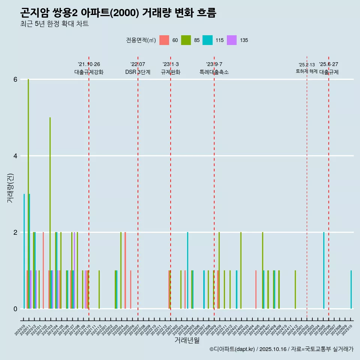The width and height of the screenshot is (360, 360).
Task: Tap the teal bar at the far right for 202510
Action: pyautogui.click(x=351, y=289)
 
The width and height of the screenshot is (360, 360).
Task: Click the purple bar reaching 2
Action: pyautogui.click(x=75, y=270)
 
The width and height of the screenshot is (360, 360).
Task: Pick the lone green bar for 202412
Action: pyautogui.click(x=295, y=289)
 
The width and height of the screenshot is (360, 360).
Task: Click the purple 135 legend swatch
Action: pyautogui.click(x=232, y=40)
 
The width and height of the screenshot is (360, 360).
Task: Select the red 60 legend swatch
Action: pyautogui.click(x=164, y=40)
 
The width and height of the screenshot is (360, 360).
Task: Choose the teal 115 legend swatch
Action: pyautogui.click(x=207, y=40)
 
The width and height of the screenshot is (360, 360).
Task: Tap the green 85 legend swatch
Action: pyautogui.click(x=186, y=40)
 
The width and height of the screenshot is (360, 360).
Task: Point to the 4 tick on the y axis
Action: pyautogui.click(x=15, y=156)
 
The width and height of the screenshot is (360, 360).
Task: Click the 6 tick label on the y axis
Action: pyautogui.click(x=15, y=79)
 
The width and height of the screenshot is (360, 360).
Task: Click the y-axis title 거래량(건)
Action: pyautogui.click(x=10, y=188)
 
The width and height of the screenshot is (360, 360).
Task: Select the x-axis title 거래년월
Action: pyautogui.click(x=187, y=340)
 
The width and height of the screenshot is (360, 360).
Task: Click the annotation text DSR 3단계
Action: pyautogui.click(x=138, y=72)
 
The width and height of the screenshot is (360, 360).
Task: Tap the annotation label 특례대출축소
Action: pyautogui.click(x=214, y=72)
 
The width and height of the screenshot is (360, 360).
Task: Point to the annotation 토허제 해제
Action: pyautogui.click(x=306, y=71)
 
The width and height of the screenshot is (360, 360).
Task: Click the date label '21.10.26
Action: pyautogui.click(x=89, y=64)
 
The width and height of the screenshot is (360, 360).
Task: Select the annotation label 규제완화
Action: pyautogui.click(x=171, y=72)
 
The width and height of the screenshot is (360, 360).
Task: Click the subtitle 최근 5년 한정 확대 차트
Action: pyautogui.click(x=54, y=24)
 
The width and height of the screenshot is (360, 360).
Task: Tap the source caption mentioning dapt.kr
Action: pyautogui.click(x=281, y=349)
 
